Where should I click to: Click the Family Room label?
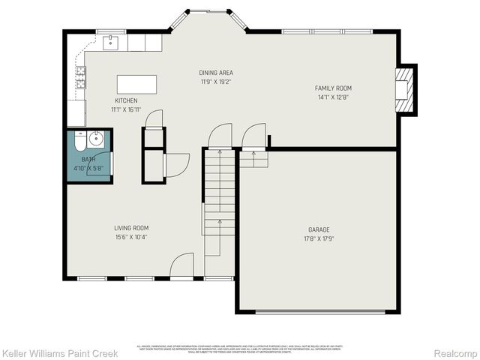[x=333, y=88]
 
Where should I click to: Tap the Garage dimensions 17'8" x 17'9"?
[x=319, y=239]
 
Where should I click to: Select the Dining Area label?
[x=214, y=73]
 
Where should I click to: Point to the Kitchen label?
[x=125, y=100]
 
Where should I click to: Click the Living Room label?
[x=131, y=228]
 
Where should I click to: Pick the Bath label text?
[x=88, y=159]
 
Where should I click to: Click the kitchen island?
[x=137, y=82]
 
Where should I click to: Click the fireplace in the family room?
[x=405, y=89]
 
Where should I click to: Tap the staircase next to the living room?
[x=220, y=202]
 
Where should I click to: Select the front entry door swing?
[x=183, y=265]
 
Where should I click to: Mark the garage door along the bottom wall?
[x=319, y=310]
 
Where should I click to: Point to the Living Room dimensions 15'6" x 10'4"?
[x=131, y=238]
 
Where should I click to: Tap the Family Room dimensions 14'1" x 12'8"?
[x=333, y=97]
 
